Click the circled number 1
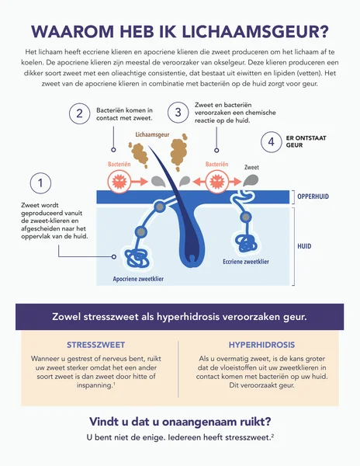pyautogui.click(x=40, y=183)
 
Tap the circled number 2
pyautogui.click(x=80, y=113)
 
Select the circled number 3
pyautogui.click(x=178, y=113)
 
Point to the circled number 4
pyautogui.click(x=272, y=142)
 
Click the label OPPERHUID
pyautogui.click(x=313, y=196)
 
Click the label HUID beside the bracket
pyautogui.click(x=304, y=246)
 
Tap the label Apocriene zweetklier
pyautogui.click(x=138, y=279)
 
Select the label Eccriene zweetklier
pyautogui.click(x=246, y=262)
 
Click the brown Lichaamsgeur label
pyautogui.click(x=152, y=134)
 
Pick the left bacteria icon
pyautogui.click(x=119, y=181)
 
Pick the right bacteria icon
pyautogui.click(x=217, y=181)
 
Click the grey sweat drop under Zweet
pyautogui.click(x=251, y=180)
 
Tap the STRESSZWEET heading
pyautogui.click(x=96, y=345)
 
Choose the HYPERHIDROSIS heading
pyautogui.click(x=261, y=345)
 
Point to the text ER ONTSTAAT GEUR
pyautogui.click(x=306, y=142)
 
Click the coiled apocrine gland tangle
pyautogui.click(x=137, y=258)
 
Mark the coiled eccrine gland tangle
pyautogui.click(x=246, y=244)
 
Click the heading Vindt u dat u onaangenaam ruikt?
pyautogui.click(x=180, y=422)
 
